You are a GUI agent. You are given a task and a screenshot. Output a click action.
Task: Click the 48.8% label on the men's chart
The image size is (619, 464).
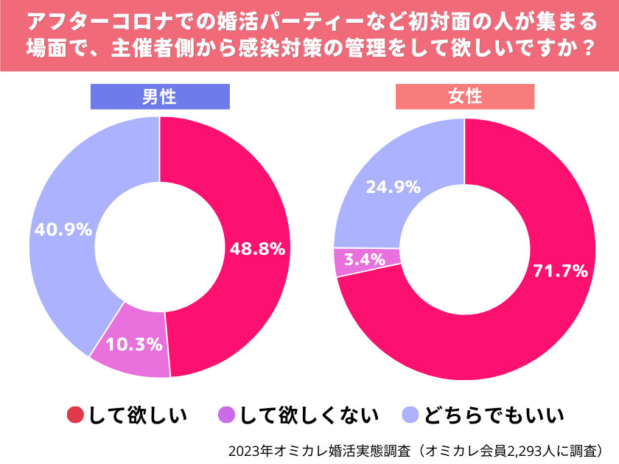click(257, 249)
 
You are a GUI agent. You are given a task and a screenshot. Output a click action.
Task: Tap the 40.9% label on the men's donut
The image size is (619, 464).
click(63, 229)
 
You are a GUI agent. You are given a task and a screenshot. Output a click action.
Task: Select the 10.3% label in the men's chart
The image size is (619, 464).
click(134, 343)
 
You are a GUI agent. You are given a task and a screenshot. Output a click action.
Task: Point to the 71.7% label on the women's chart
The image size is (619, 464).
click(560, 271)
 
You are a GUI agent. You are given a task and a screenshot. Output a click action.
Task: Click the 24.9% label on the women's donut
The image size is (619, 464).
click(393, 186)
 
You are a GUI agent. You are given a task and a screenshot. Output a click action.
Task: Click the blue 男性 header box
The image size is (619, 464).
click(160, 96)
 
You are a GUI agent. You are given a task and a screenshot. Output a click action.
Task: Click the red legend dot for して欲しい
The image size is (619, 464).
click(75, 415)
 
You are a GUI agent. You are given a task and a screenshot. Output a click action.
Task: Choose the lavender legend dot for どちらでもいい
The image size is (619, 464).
click(411, 415)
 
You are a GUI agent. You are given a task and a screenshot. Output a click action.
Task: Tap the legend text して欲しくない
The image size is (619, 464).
click(309, 415)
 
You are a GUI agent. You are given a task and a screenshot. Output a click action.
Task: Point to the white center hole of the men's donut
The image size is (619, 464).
click(160, 247)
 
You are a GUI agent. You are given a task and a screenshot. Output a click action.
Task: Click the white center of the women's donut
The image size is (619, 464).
click(465, 249)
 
